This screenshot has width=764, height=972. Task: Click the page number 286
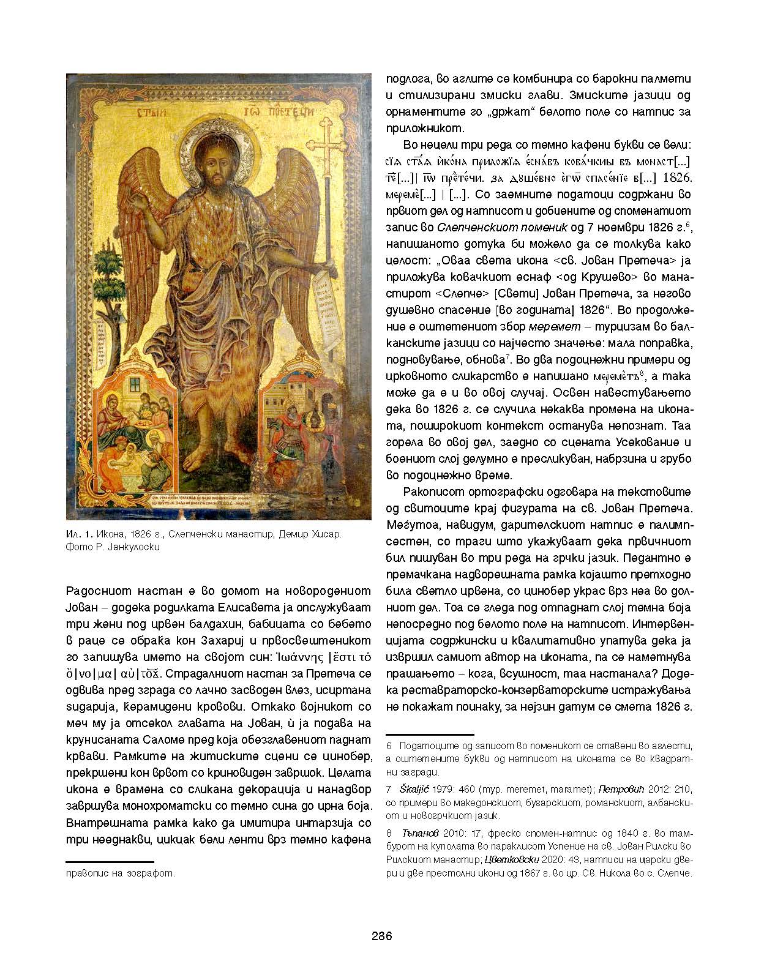pos(381,936)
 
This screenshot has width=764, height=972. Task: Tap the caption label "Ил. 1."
pos(78,534)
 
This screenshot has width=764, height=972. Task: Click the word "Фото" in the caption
pos(77,547)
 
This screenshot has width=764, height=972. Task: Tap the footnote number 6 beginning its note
pos(389,746)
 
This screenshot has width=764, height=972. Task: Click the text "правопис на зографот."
pos(120,873)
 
